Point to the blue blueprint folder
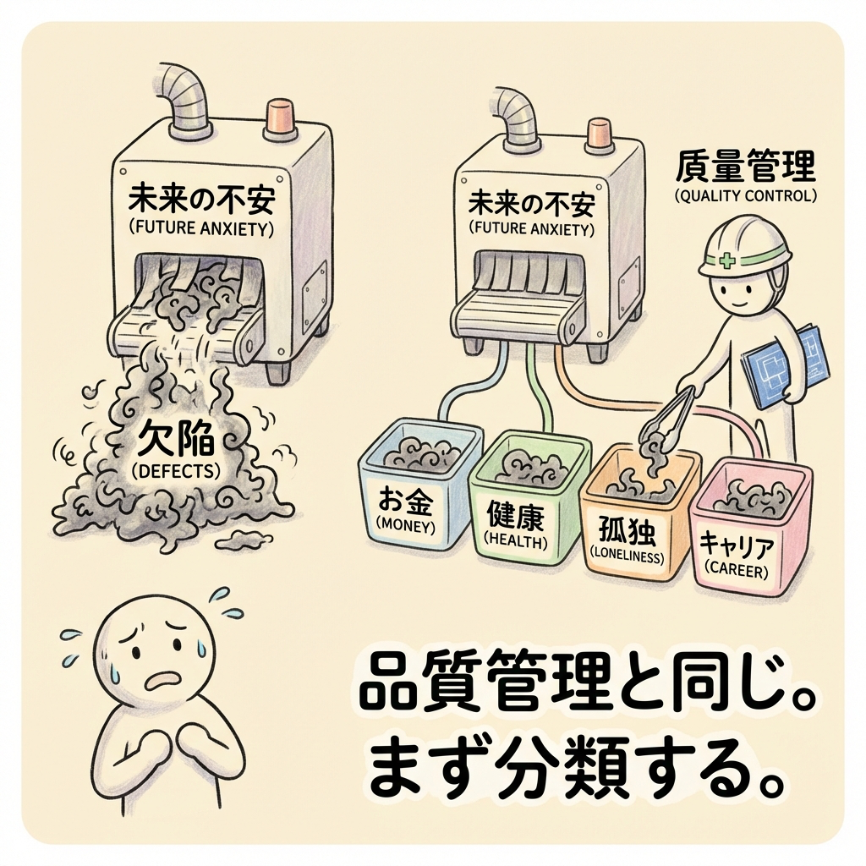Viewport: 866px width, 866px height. [784, 365]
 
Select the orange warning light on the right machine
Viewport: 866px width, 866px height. [598, 135]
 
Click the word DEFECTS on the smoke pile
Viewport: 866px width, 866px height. [176, 471]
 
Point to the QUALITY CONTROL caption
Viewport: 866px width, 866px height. [745, 195]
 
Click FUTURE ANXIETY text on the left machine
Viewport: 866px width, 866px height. [200, 228]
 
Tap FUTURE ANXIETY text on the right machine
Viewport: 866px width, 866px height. [531, 228]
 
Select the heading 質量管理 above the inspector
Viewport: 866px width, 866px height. [746, 167]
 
